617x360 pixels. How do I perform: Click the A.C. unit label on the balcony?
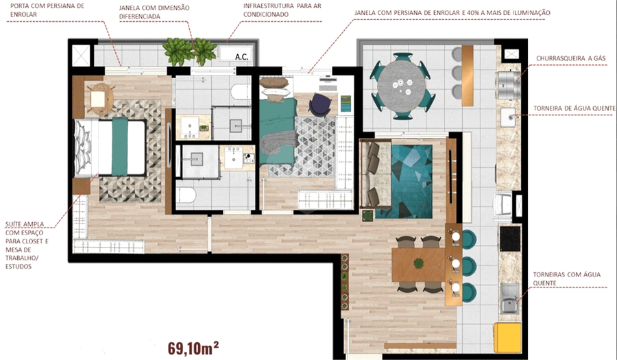point(241,57)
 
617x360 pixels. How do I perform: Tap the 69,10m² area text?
point(193,348)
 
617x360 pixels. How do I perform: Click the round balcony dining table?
point(401,86)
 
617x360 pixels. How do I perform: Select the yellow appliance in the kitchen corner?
point(507,337)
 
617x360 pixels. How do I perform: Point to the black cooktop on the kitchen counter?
point(510,239)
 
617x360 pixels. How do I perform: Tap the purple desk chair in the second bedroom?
point(320,105)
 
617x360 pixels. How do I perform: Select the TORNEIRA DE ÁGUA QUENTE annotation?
point(574,108)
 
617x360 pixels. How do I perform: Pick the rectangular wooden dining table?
point(418,265)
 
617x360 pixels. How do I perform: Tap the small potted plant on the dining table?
point(418,263)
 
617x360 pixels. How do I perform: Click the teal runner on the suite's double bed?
point(119,146)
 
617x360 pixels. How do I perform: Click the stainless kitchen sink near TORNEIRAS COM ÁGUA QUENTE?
point(510,299)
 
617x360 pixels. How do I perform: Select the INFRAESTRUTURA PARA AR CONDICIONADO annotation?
point(282,10)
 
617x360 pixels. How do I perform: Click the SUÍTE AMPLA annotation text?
point(25,224)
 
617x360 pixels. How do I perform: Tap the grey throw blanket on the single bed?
point(279,145)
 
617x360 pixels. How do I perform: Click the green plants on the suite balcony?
point(190,51)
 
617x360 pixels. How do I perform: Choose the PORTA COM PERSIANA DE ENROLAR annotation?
point(47,10)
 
